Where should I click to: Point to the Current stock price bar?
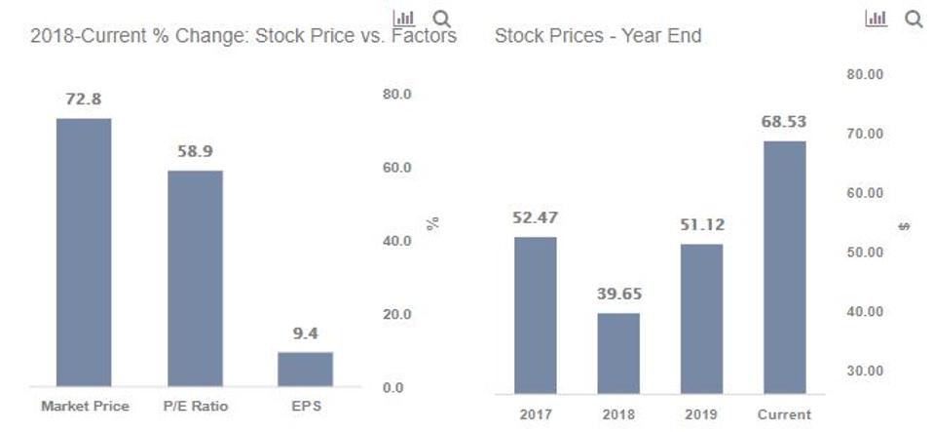[x=784, y=267]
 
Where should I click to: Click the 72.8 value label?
[x=84, y=100]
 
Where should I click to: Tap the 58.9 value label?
[x=195, y=152]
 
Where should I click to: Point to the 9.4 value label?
[x=305, y=334]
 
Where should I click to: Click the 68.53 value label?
[x=784, y=122]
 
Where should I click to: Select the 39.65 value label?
[x=618, y=294]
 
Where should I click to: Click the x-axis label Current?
[x=784, y=413]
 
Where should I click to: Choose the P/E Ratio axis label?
[x=195, y=406]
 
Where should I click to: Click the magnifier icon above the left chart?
[x=441, y=19]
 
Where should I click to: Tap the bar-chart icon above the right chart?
[x=877, y=19]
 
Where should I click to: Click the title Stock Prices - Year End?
[x=598, y=37]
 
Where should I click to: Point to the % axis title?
[x=433, y=223]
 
